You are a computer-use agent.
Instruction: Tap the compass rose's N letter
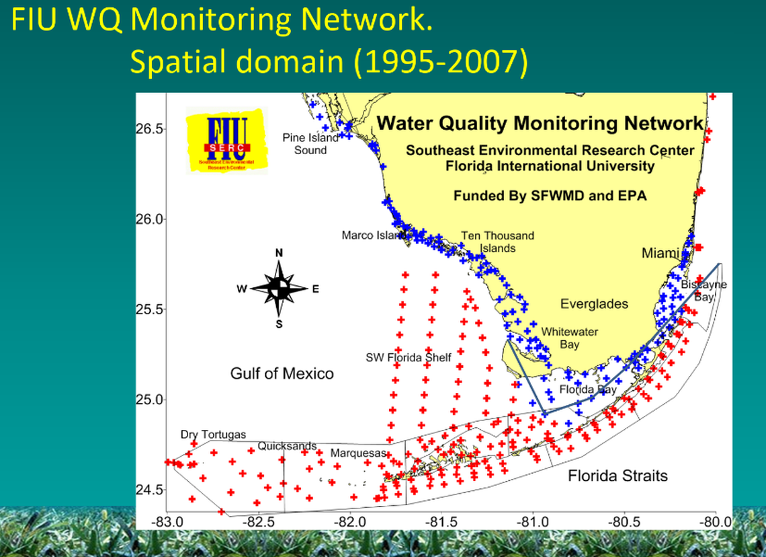[x=279, y=253]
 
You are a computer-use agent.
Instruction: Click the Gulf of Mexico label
[x=282, y=373]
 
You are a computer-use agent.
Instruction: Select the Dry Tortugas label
[x=214, y=435]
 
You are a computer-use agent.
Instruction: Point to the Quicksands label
[x=287, y=445]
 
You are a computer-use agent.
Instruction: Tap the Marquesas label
[x=358, y=453]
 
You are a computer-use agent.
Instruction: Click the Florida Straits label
[x=618, y=476]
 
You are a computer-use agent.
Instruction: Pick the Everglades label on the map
[x=595, y=304]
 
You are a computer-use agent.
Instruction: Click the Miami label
[x=661, y=254]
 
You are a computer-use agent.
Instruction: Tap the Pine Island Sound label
[x=310, y=144]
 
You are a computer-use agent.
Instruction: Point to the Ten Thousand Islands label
[x=497, y=242]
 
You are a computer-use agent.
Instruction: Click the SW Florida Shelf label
[x=409, y=357]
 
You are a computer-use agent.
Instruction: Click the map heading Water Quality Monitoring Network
[x=540, y=123]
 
